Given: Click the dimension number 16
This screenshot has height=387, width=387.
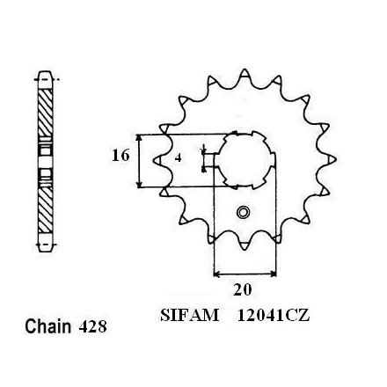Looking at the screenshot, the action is [120, 156].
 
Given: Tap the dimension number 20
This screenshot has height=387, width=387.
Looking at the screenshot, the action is [243, 289].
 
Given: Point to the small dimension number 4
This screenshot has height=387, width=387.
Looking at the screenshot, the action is [178, 158].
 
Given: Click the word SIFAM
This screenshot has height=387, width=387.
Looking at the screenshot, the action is [189, 316].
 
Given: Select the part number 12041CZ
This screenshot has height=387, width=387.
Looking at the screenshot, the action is [274, 316].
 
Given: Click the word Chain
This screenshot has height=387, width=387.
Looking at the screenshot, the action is [48, 326].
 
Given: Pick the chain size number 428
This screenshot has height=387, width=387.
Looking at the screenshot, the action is [92, 326].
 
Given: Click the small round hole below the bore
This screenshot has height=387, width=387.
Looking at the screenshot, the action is [243, 212].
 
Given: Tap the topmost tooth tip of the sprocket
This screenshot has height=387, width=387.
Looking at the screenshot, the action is [245, 69].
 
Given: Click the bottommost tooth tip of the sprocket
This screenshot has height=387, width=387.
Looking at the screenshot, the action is [245, 249].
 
